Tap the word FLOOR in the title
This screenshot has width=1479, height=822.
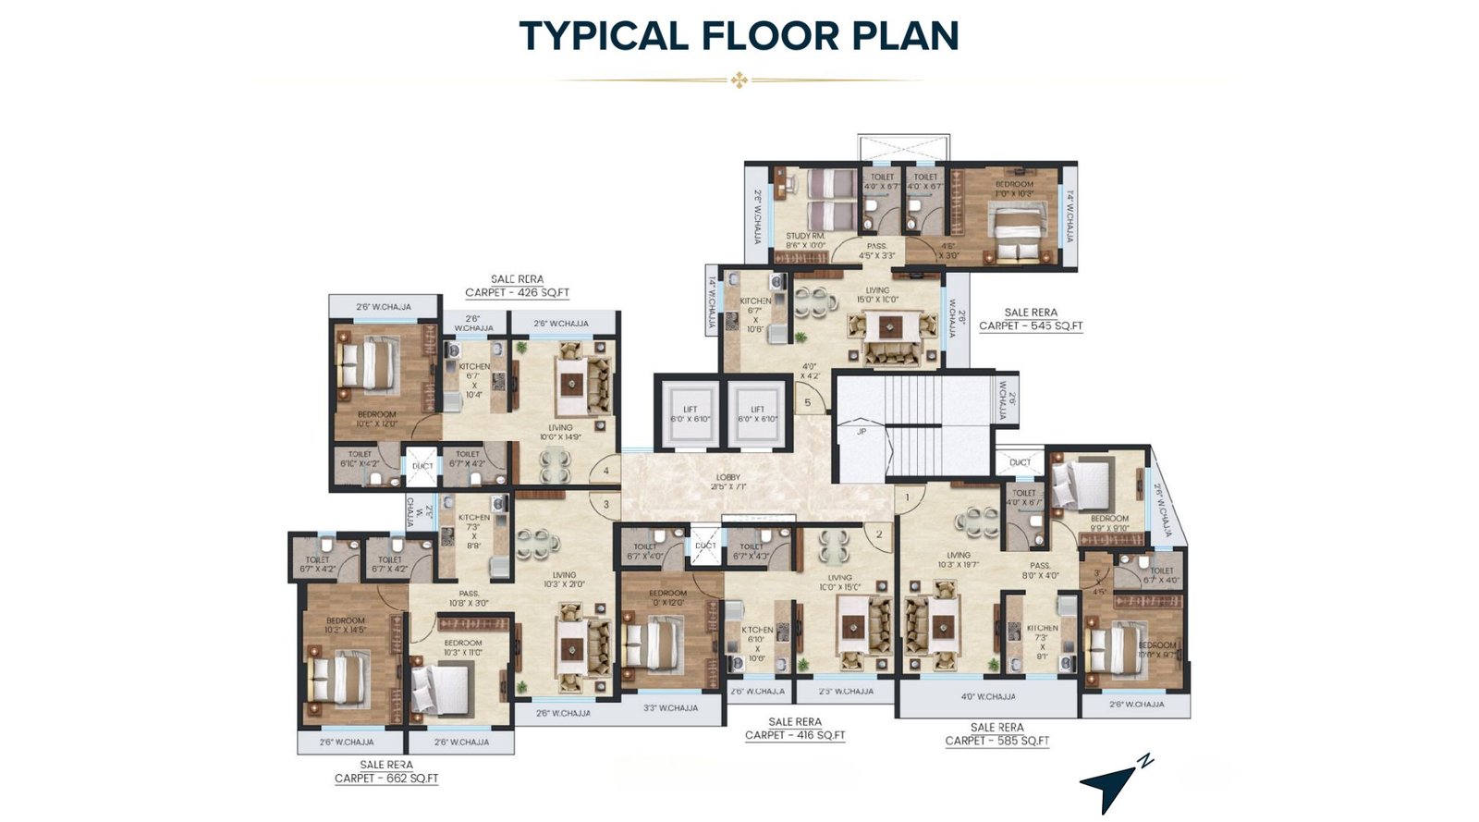point(768,35)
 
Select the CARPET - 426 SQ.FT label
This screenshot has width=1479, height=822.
point(517,292)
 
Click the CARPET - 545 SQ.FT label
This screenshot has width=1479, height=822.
point(1031,325)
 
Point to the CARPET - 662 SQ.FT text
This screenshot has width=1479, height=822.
point(386,778)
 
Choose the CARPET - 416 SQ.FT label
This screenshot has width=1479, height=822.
point(795,735)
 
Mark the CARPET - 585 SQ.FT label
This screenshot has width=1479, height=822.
point(996,741)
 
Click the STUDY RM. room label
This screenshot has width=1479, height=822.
point(804,240)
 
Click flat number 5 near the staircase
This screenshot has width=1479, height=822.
point(808,402)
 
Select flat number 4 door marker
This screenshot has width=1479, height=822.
point(605,472)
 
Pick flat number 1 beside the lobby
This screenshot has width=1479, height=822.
point(908,497)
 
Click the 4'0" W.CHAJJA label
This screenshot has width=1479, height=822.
point(987,696)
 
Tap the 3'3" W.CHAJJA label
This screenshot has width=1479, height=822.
point(670,708)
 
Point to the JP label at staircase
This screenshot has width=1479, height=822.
point(861,431)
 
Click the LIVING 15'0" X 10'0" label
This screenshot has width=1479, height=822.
point(876,295)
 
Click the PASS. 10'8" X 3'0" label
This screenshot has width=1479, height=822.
point(469,598)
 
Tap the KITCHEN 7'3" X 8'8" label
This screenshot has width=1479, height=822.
point(473,532)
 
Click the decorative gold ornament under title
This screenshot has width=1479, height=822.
point(739,80)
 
